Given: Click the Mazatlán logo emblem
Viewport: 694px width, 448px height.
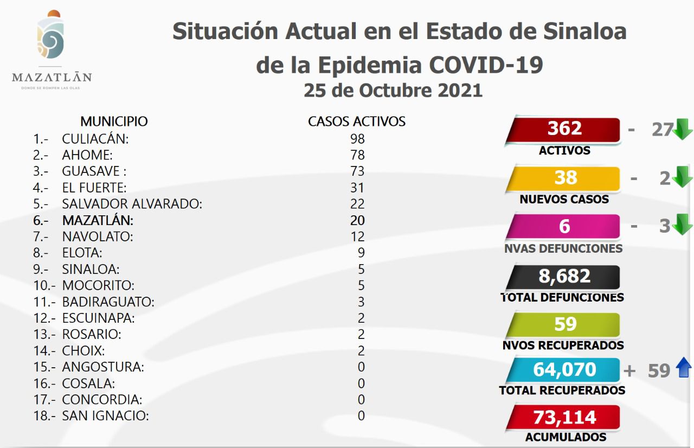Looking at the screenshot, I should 52,36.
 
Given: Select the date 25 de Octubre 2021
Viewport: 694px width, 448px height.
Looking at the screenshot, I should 393,90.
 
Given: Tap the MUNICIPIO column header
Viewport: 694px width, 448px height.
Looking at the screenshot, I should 114,121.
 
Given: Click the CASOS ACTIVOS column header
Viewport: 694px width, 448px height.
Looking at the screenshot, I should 357,121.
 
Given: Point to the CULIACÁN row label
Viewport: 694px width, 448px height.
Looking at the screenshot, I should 95,139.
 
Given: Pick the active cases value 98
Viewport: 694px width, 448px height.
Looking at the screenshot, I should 357,139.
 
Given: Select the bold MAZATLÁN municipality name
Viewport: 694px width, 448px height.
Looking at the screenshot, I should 98,220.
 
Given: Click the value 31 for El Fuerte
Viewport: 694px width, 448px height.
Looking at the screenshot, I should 357,188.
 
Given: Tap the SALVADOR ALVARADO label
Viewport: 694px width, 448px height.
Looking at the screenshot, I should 132,204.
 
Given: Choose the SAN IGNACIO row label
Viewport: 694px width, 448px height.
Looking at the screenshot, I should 105,416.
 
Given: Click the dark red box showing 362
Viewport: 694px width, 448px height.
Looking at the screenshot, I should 564,129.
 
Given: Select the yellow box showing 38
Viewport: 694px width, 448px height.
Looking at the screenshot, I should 564,178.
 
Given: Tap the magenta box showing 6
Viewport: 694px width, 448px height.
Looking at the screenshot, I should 564,226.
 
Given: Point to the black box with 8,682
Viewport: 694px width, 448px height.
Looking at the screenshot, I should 564,276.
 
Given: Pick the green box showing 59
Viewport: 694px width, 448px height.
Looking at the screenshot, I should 564,324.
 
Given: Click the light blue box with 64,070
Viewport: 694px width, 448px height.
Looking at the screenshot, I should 564,369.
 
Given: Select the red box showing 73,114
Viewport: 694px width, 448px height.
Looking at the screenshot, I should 564,417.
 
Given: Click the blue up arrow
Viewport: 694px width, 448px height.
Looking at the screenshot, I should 684,369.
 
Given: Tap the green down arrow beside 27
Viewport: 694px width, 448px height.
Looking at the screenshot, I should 683,130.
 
